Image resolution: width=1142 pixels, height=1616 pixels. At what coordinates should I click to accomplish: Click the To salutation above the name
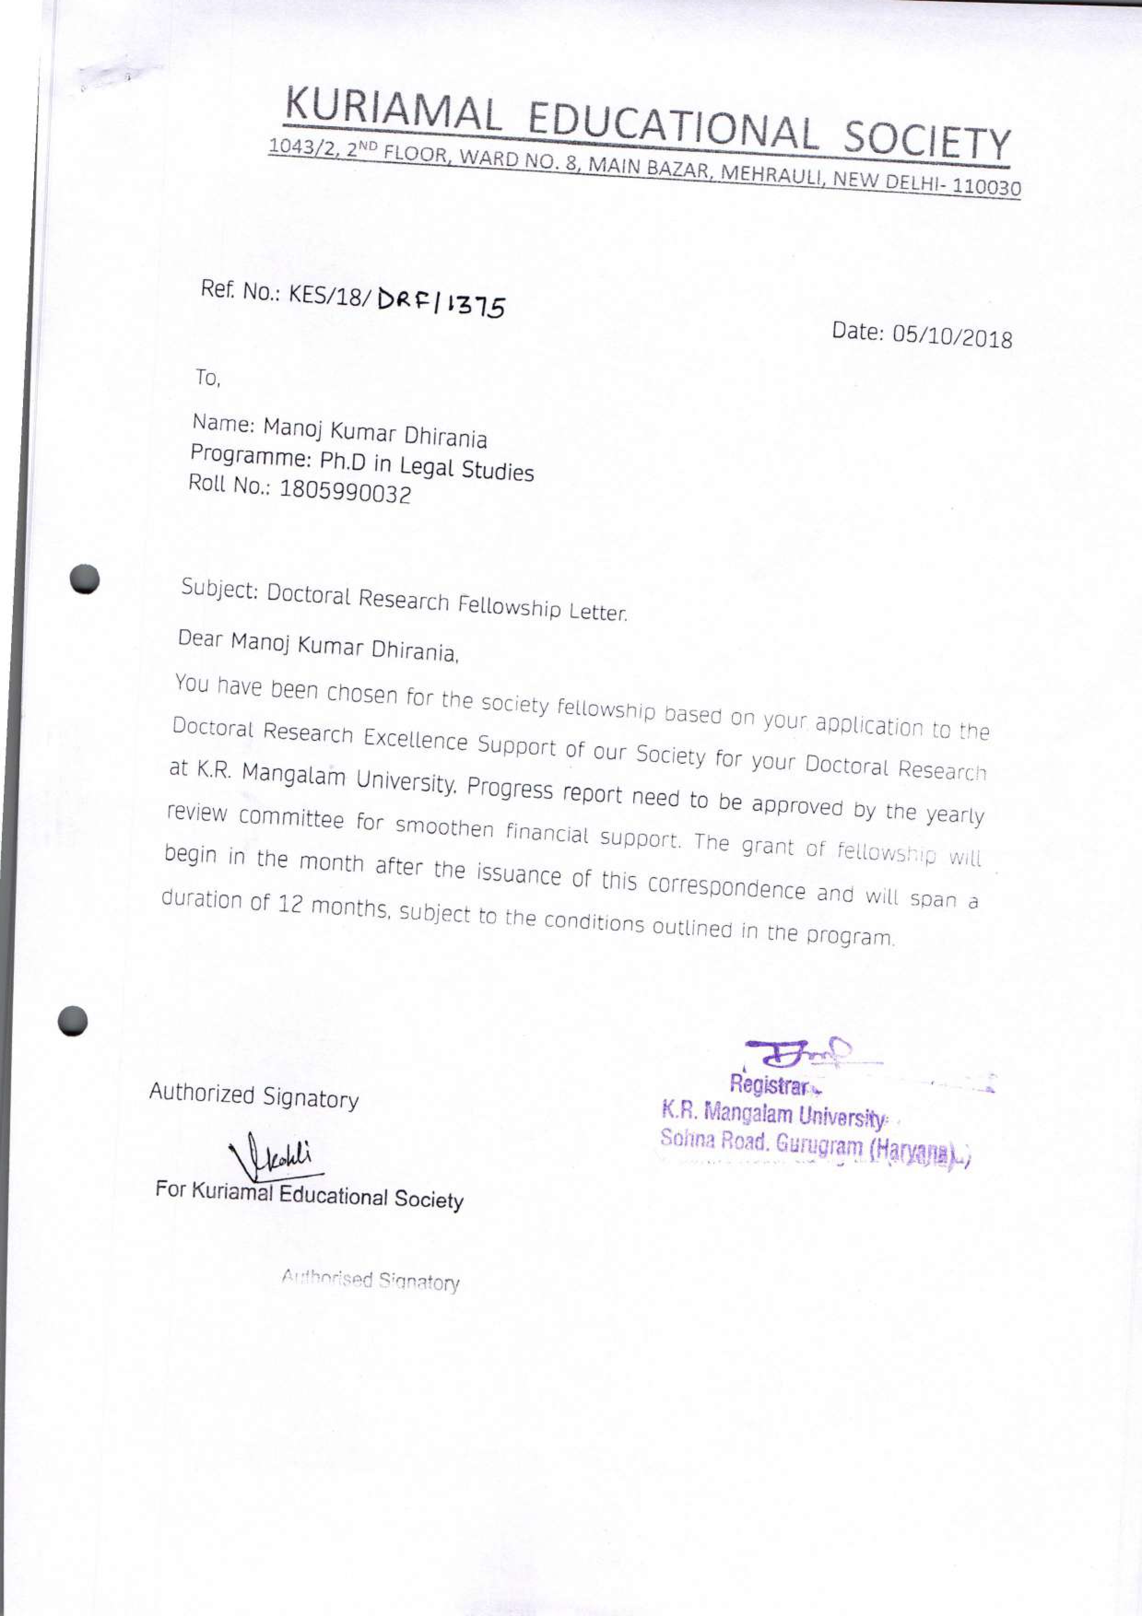[208, 379]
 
